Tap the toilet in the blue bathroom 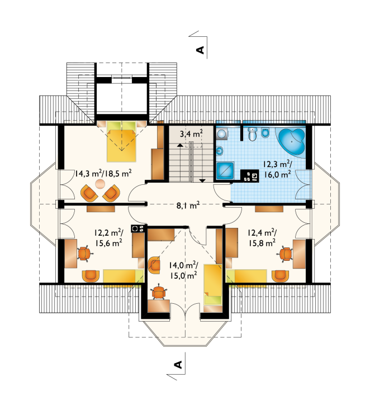pos(253,133)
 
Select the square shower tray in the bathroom pos(225,171)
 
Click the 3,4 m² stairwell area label pos(191,134)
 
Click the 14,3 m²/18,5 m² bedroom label pos(103,173)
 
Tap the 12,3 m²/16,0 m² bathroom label pos(277,169)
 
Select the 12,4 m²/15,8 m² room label pos(262,237)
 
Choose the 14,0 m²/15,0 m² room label pos(183,270)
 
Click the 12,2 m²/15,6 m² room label pos(108,237)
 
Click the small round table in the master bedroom pos(100,184)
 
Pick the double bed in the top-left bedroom pos(121,141)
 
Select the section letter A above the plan pos(200,50)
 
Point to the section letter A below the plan pos(178,365)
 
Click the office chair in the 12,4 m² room pos(286,254)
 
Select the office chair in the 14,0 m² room pos(159,291)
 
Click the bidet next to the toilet pos(265,133)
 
